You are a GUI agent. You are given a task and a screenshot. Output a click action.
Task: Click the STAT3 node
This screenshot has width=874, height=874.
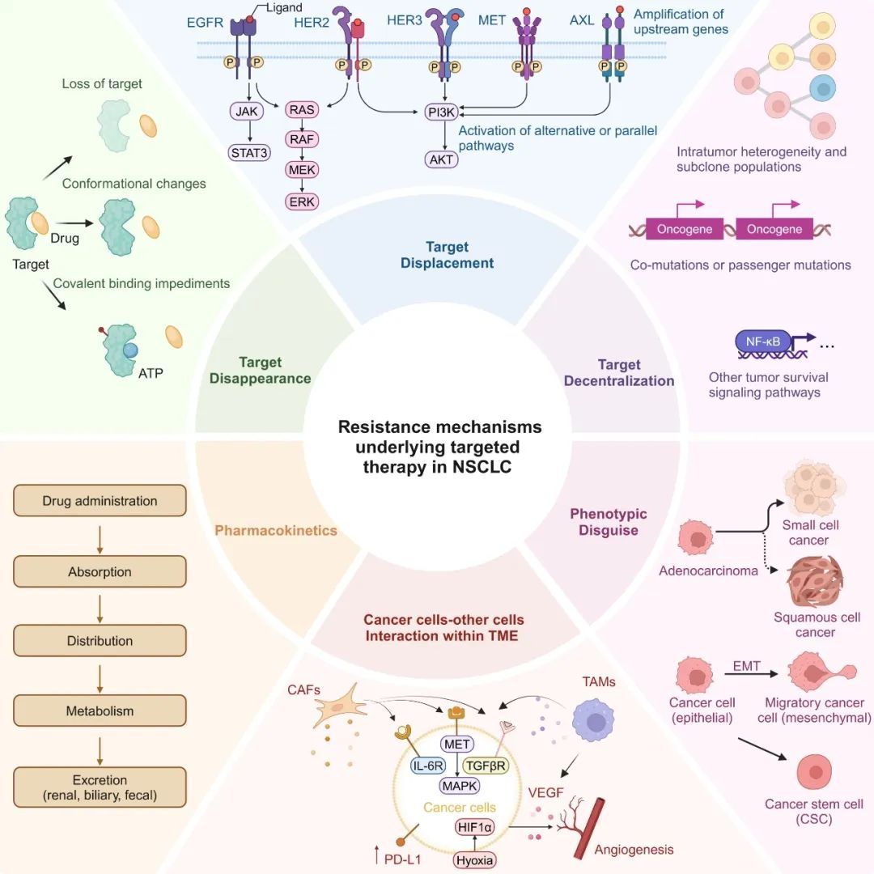(x=249, y=153)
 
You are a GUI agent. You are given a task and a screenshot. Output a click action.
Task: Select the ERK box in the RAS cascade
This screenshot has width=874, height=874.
(x=302, y=202)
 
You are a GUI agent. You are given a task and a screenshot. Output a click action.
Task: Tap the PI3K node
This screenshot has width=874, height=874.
(x=442, y=112)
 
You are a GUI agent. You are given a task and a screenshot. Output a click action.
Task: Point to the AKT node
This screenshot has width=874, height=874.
(x=442, y=160)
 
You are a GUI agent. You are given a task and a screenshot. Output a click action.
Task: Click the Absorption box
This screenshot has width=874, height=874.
(x=100, y=571)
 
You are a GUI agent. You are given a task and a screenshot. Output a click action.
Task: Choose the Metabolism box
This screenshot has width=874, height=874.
(x=100, y=711)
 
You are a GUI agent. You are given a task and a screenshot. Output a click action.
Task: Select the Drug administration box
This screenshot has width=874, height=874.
(x=100, y=501)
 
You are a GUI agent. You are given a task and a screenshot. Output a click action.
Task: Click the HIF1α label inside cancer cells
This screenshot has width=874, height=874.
(x=475, y=827)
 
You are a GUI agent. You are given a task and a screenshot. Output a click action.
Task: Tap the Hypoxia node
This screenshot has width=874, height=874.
(x=474, y=860)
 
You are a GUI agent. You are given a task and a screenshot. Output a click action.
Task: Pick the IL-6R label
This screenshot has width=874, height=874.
(x=427, y=766)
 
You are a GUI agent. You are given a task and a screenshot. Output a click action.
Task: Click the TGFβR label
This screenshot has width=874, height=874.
(x=486, y=766)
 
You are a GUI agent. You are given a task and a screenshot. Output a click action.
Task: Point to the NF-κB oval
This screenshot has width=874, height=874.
(x=762, y=342)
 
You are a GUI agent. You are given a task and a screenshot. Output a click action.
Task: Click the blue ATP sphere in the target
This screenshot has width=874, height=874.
(x=130, y=350)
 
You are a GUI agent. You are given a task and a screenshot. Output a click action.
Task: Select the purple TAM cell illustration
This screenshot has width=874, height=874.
(x=594, y=721)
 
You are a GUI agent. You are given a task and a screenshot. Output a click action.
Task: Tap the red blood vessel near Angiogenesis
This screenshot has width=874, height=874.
(x=589, y=829)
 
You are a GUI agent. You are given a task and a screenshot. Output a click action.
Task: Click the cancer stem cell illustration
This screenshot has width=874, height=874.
(x=814, y=772)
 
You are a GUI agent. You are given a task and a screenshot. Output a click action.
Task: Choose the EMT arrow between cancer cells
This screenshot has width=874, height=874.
(x=751, y=674)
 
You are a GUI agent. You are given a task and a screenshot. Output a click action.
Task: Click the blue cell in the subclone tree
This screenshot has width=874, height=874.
(x=822, y=88)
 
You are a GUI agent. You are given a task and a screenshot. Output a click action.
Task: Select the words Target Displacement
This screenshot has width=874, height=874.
(x=447, y=255)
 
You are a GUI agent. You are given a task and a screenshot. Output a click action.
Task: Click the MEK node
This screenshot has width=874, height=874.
(x=302, y=169)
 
